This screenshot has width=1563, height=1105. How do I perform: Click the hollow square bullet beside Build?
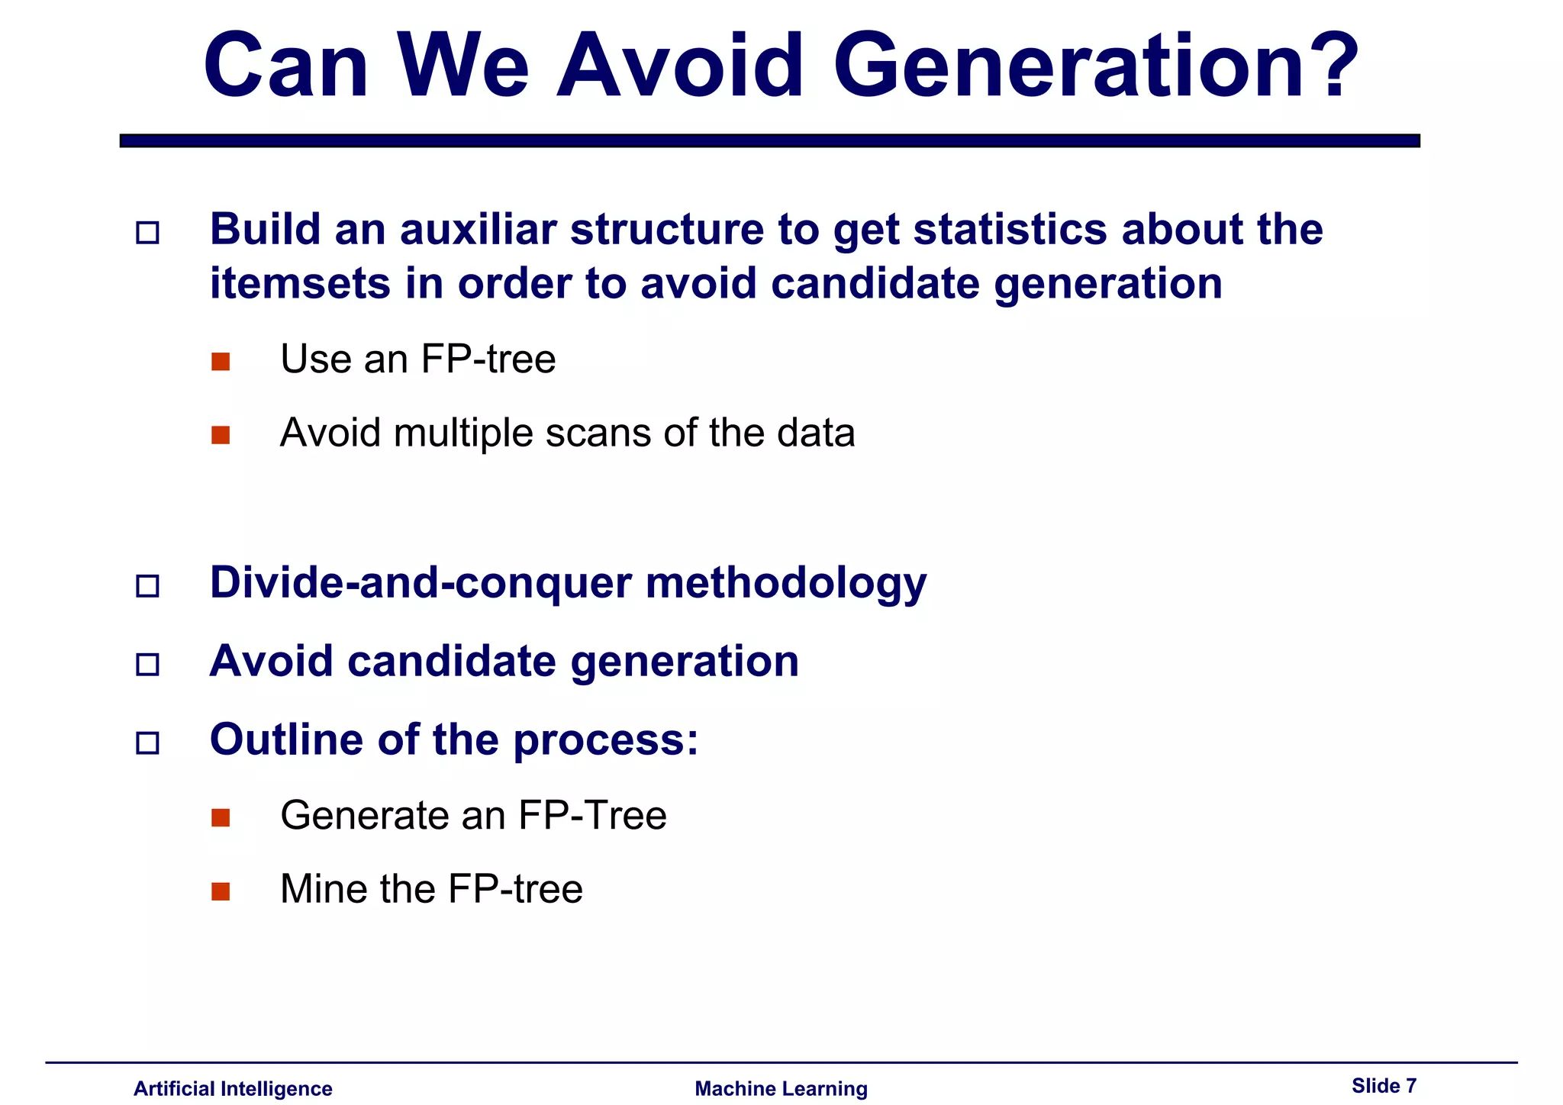(x=147, y=232)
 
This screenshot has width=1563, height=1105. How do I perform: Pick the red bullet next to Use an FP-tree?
(x=221, y=361)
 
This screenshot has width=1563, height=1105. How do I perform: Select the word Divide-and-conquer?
(x=421, y=583)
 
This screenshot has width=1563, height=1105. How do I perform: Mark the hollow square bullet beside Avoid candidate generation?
(x=147, y=664)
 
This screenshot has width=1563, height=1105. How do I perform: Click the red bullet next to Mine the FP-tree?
(x=221, y=891)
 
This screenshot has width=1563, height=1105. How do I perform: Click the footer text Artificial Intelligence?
(x=233, y=1088)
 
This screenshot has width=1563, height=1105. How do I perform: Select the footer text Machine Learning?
(x=781, y=1088)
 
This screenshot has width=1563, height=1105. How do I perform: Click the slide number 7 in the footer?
(x=1410, y=1085)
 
